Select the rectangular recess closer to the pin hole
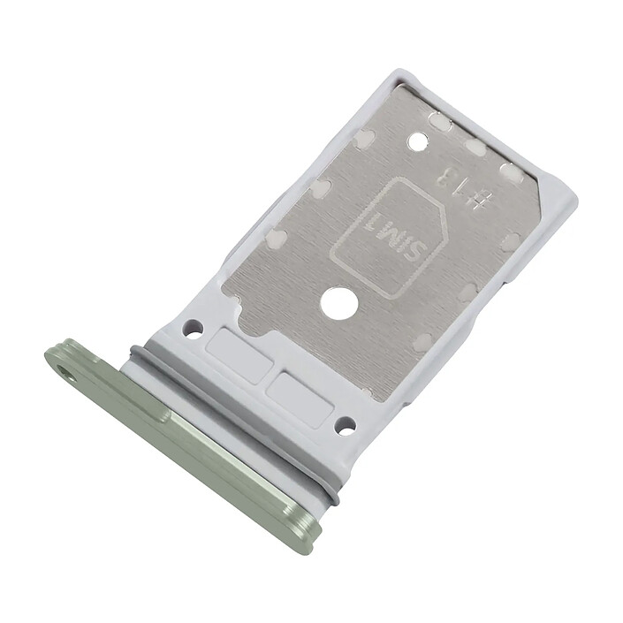(240, 355)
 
